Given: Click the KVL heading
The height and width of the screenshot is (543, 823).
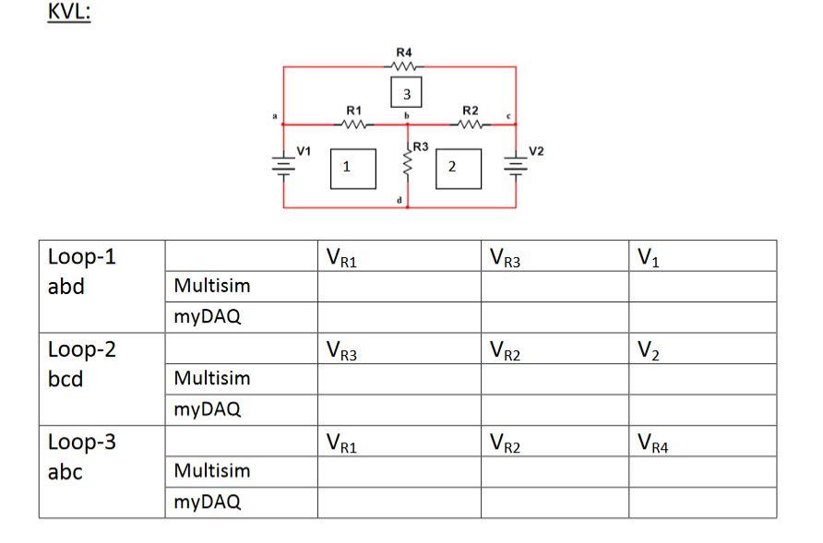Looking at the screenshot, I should point(69,16).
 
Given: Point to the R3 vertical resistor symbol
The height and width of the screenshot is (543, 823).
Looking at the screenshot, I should point(407,164).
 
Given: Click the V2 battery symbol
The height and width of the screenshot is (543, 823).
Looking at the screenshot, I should point(515,167).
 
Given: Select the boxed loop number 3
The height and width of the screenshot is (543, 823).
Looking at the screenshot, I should point(407,93).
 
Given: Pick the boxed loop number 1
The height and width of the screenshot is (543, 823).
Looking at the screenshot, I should point(346,168).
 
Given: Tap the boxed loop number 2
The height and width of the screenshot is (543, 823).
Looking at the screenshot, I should point(452,168).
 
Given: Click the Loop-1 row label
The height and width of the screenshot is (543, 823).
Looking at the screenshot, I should point(82,256).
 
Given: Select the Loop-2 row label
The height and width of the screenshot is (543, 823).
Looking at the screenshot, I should point(82,349).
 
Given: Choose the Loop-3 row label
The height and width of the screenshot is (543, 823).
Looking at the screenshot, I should point(82,442).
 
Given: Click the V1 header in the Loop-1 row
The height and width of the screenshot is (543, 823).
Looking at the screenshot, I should point(650,256).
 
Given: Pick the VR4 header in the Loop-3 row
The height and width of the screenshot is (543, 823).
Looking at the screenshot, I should point(656,443).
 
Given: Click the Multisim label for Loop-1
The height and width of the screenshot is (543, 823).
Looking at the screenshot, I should point(211,287).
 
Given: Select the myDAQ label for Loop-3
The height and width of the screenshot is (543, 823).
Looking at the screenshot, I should point(208,502).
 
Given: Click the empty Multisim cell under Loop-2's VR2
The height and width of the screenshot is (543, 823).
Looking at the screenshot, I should point(554,379).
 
